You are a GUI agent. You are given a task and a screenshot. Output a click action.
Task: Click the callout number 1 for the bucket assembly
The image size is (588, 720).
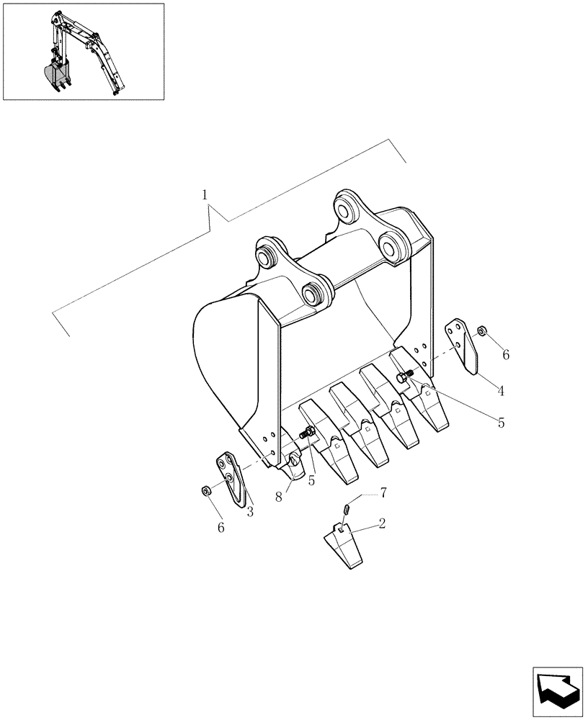pos(205,194)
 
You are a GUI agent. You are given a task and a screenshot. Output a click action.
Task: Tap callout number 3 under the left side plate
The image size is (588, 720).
pos(249,512)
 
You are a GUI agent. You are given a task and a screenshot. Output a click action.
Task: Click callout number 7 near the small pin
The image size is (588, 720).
pos(383,492)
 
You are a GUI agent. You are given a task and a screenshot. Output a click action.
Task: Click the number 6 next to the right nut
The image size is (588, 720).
pos(505,354)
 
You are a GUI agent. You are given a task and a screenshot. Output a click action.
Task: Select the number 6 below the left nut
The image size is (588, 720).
pos(220,527)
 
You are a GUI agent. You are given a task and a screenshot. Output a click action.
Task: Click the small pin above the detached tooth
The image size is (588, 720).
pos(346,510)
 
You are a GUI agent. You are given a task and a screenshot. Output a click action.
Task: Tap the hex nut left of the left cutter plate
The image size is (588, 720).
pos(205,491)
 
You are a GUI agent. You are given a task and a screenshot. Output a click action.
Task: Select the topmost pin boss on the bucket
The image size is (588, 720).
pos(347,207)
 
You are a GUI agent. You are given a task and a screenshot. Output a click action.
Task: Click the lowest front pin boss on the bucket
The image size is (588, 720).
pos(314,293)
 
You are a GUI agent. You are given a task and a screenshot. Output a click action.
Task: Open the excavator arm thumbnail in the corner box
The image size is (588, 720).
pos(84,52)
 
